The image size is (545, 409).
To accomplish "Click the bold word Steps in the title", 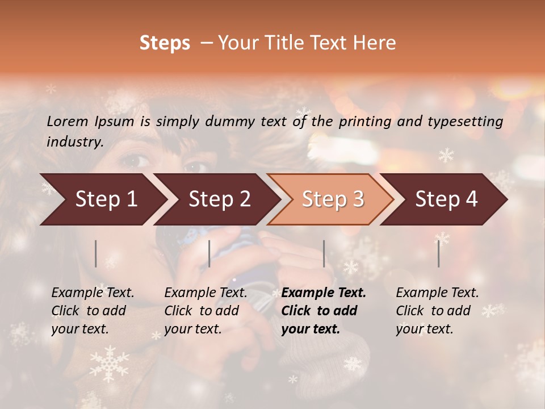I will [x=165, y=43].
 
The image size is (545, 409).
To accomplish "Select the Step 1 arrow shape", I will [x=102, y=199].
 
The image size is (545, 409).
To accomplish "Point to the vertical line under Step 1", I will [x=96, y=253].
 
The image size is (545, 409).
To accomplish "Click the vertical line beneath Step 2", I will [x=209, y=253].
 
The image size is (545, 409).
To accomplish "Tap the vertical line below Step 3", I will [x=324, y=253].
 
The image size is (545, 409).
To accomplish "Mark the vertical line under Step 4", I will [x=438, y=253].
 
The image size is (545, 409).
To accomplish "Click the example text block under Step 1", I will [x=93, y=311].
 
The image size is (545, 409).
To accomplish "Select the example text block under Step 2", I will [x=206, y=311].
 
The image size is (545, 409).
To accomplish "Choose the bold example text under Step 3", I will [x=324, y=311].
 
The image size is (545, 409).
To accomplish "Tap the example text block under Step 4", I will [x=437, y=311].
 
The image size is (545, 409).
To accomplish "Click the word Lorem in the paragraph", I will [x=67, y=121].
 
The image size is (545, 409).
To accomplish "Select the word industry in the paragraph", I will [x=75, y=142].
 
